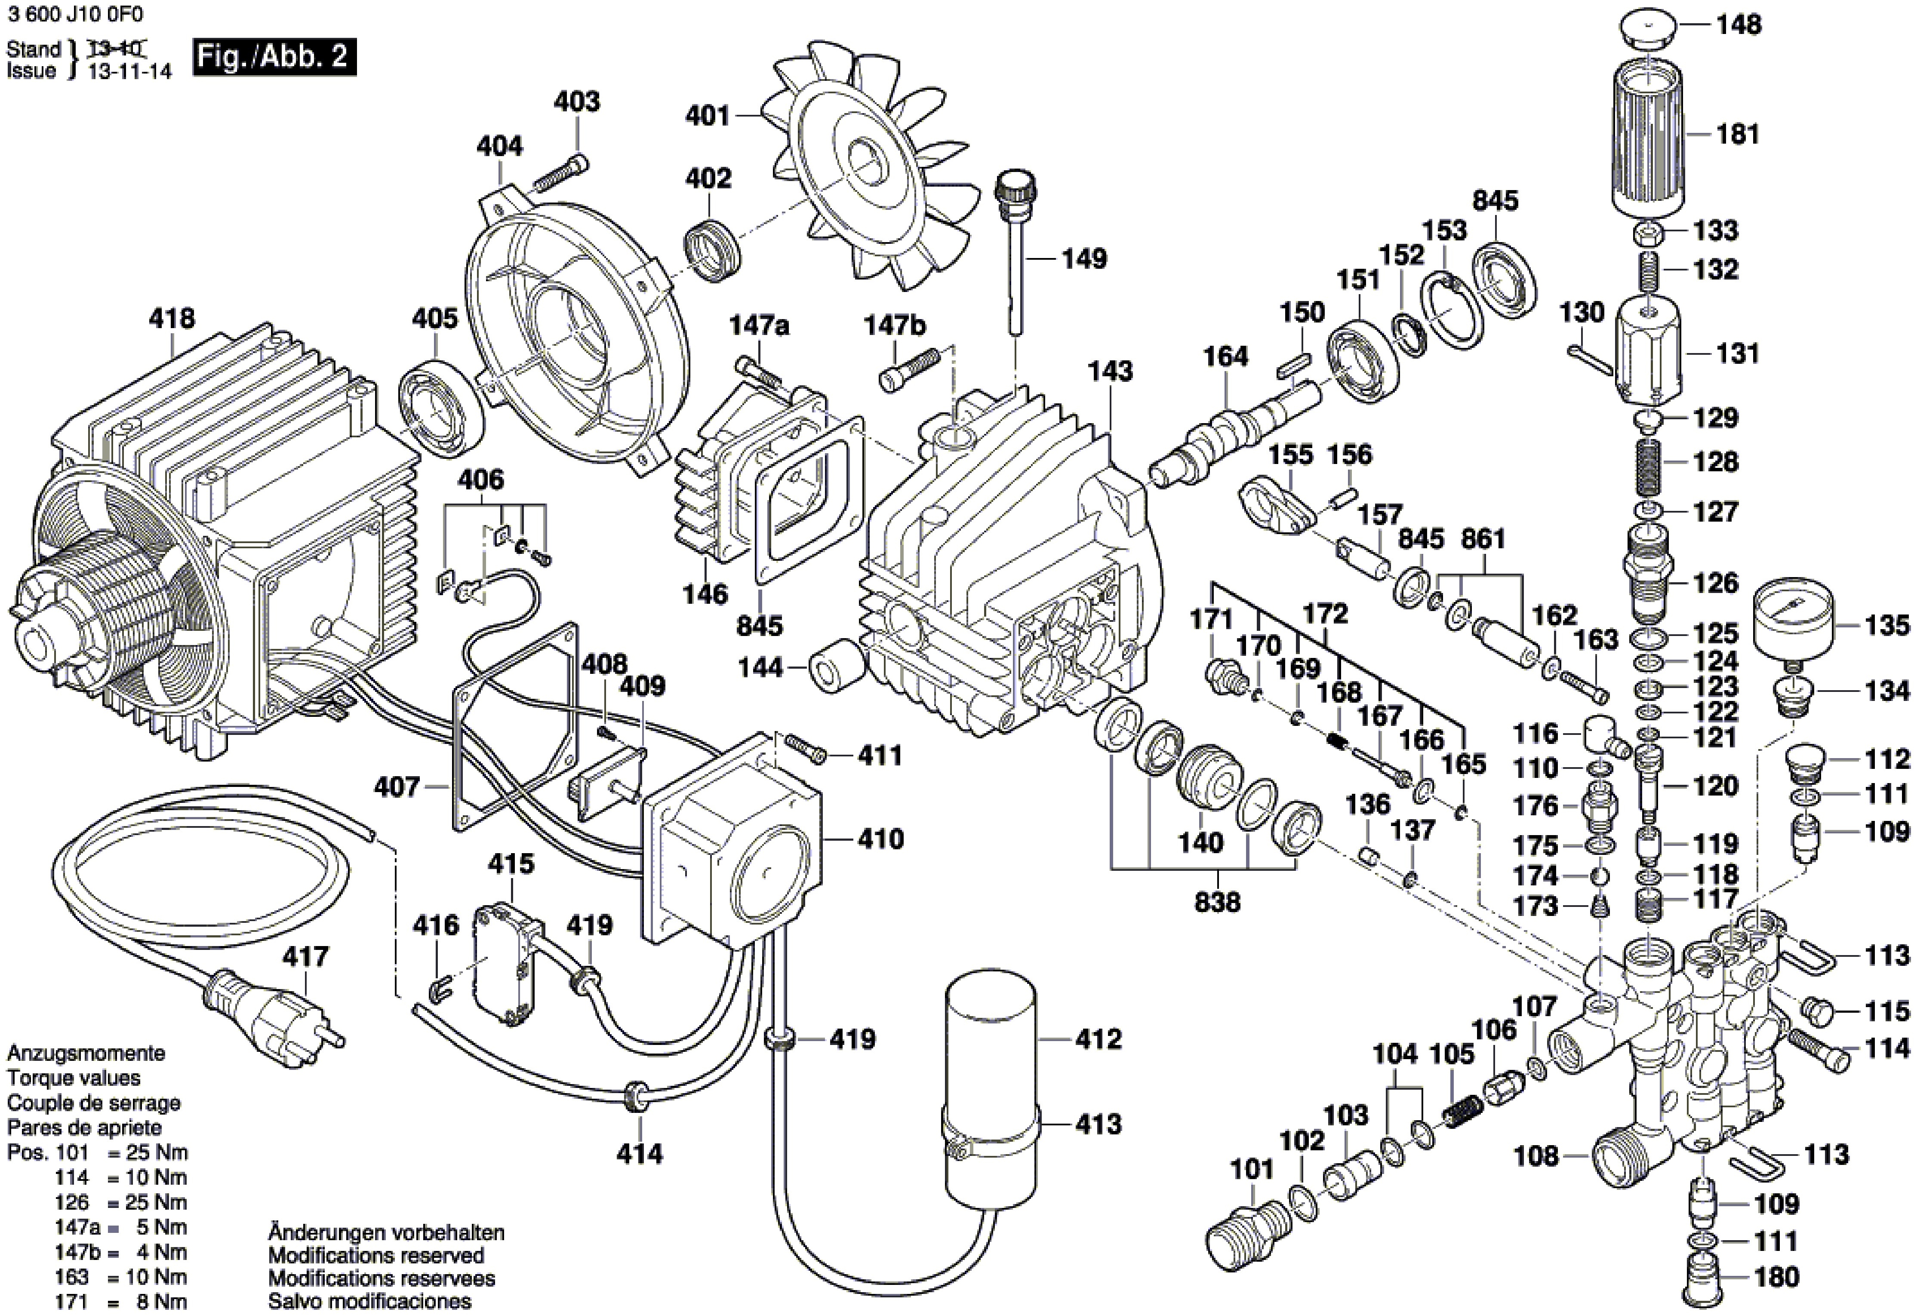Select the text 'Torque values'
73,1078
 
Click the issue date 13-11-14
129,72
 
